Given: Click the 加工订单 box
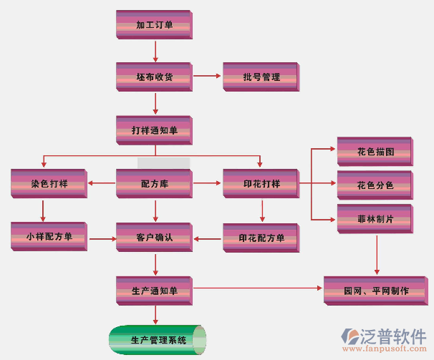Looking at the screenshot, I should [x=154, y=25].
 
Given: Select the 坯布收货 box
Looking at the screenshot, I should [x=154, y=77].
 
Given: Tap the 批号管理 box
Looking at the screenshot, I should [x=261, y=77].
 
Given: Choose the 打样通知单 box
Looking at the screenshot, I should [x=154, y=130].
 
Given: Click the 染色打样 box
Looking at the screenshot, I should [x=49, y=184].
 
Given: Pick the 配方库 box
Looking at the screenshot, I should [x=154, y=184].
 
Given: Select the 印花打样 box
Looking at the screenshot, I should [x=261, y=184].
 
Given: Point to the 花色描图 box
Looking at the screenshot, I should [x=375, y=152].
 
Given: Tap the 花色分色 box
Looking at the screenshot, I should [x=375, y=185].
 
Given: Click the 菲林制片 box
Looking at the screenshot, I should [x=375, y=218].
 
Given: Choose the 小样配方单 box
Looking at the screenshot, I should [x=49, y=237].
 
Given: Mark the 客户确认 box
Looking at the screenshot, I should [x=154, y=237].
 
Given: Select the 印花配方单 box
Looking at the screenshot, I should [x=261, y=237].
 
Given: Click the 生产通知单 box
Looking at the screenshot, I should [x=154, y=291].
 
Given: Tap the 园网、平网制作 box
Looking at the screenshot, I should [x=376, y=291].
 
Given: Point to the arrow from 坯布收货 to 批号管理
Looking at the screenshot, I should [x=208, y=75].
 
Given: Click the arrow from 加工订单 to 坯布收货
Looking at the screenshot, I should [x=155, y=51].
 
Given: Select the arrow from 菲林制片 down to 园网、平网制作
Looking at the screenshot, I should [x=377, y=254].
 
